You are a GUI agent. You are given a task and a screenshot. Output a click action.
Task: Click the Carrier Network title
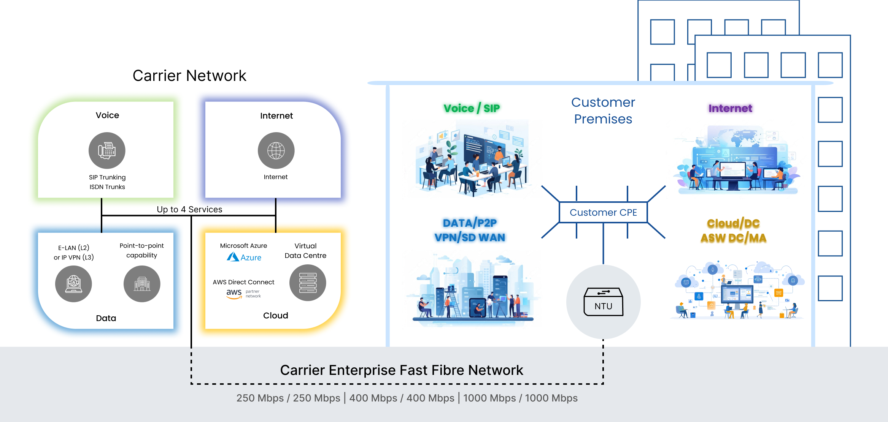[x=189, y=76]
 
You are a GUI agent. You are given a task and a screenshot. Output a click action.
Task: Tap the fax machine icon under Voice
[x=107, y=150]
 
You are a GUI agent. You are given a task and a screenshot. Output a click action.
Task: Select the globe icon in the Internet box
[x=276, y=150]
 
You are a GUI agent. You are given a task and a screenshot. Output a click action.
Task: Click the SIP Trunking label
[x=107, y=177]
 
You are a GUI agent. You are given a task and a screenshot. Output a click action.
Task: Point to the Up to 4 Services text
[x=189, y=209]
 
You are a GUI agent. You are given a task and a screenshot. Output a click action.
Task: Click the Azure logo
[x=244, y=257]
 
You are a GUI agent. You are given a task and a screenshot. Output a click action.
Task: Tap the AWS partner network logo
[x=243, y=294]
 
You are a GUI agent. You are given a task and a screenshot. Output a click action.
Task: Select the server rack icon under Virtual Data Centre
[x=308, y=283]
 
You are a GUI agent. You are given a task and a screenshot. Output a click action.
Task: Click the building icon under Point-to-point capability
[x=142, y=284]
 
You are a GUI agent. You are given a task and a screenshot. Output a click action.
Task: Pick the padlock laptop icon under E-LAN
[x=73, y=284]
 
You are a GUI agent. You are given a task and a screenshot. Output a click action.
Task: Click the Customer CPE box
[x=603, y=212]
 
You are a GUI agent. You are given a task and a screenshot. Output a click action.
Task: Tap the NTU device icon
[x=603, y=302]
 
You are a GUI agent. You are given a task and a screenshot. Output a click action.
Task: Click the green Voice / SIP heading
[x=472, y=108]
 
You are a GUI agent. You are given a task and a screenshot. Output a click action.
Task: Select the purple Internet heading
[x=730, y=108]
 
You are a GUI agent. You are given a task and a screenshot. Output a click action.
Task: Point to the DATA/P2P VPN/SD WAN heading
[x=470, y=230]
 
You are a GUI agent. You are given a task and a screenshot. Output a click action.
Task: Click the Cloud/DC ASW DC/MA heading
[x=733, y=231]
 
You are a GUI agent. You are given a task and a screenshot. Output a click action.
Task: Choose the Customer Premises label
[x=603, y=111]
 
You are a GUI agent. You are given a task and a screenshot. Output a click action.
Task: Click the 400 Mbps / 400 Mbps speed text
[x=402, y=398]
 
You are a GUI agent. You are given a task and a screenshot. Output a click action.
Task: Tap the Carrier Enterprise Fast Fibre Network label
[x=402, y=370]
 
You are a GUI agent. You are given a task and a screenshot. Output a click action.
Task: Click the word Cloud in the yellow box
[x=276, y=315]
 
